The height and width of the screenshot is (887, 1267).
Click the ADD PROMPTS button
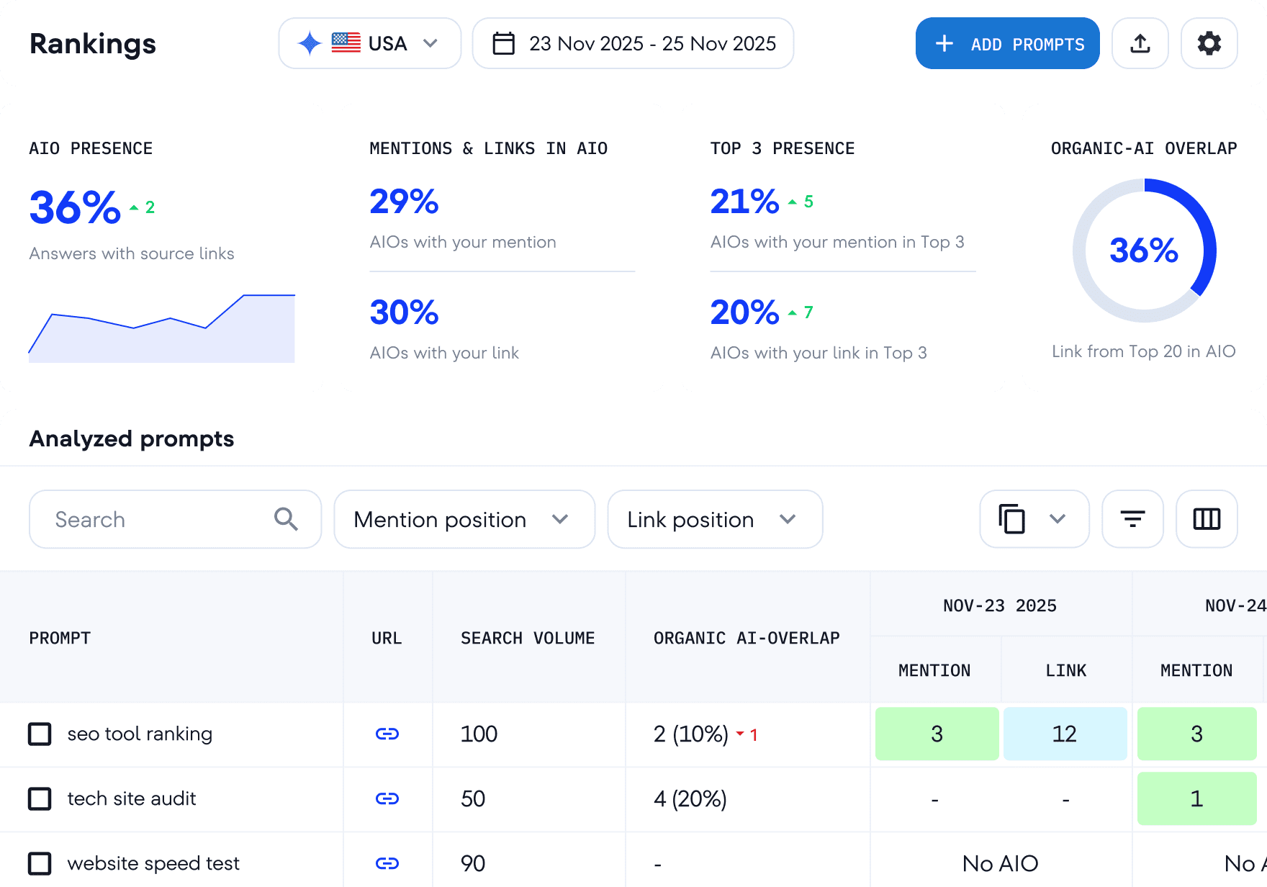[1007, 44]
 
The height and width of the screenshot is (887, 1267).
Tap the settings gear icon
[1209, 44]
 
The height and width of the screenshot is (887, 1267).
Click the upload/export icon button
[1140, 44]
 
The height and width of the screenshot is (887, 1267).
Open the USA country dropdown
[369, 44]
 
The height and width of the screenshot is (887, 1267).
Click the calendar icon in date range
[503, 44]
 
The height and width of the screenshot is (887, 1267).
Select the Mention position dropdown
[464, 519]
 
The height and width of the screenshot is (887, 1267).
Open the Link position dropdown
[714, 519]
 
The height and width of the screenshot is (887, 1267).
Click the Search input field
[162, 519]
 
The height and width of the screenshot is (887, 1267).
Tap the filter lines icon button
[1132, 519]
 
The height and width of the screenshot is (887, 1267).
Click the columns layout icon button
[1207, 519]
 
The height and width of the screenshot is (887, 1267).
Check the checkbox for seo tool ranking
[40, 734]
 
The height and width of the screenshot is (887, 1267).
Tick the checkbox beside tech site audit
[40, 798]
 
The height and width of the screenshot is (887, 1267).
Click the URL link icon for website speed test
[387, 863]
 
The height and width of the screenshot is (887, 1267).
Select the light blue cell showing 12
[1065, 734]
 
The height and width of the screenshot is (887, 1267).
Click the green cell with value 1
[1196, 798]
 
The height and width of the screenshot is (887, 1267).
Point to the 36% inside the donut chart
[1143, 251]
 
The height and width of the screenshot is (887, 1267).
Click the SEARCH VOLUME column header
[528, 638]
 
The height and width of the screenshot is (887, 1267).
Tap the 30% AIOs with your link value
[404, 312]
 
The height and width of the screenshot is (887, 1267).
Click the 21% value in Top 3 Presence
[744, 202]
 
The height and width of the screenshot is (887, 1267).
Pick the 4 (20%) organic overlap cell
[690, 798]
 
